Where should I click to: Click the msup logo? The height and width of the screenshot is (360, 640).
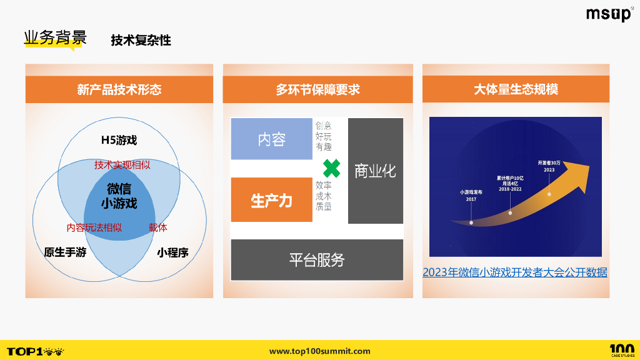coord(609,15)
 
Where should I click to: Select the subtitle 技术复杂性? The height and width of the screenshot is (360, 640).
coord(141,41)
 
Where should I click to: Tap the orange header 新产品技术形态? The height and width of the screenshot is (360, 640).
coord(119,89)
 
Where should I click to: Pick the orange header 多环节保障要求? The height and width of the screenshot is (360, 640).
coord(317,89)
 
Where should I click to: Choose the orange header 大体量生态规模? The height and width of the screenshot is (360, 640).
coord(516,89)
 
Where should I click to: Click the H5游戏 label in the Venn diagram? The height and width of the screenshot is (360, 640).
coord(119,140)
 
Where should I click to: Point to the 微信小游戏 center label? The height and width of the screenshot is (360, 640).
coord(119,196)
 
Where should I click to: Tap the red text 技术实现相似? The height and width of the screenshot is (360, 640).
coord(122,165)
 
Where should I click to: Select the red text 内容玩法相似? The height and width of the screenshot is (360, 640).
coord(94,227)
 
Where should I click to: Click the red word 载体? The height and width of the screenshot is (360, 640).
coord(158,227)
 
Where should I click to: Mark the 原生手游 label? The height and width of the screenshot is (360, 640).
coord(65,253)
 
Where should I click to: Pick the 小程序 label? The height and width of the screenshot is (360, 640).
coord(172,253)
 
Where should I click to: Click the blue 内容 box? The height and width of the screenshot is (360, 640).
coord(271,139)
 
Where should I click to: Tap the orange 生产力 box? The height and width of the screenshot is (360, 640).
coord(271,200)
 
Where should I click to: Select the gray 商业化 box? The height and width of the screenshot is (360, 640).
coord(375,171)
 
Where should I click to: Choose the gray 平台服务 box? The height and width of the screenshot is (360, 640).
coord(317,259)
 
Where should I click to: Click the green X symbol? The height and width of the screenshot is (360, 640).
coord(331,169)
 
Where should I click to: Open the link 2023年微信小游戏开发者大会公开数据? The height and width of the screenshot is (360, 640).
coord(515,272)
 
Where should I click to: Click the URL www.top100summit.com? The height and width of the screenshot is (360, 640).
coord(319,351)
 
